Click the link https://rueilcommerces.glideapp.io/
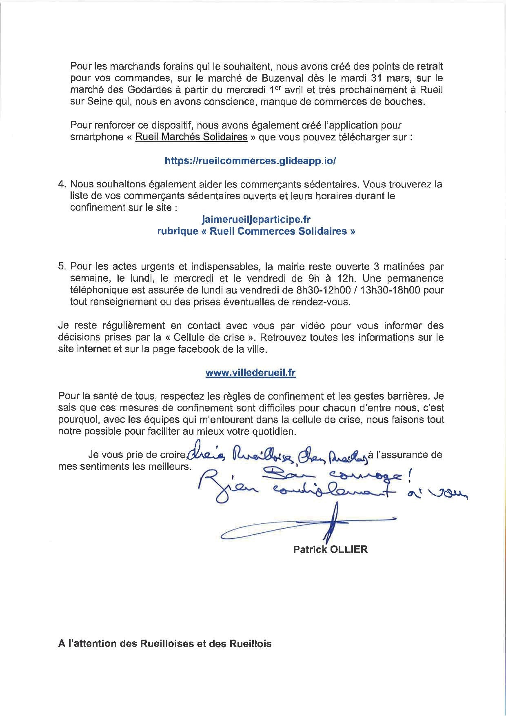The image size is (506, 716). click(250, 161)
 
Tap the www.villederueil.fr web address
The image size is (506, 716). click(251, 373)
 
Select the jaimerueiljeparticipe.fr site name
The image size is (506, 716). click(256, 220)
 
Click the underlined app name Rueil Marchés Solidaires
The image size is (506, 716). click(191, 137)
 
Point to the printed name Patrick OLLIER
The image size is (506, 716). click(330, 549)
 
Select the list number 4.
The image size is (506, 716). click(62, 185)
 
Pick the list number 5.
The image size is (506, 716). click(62, 267)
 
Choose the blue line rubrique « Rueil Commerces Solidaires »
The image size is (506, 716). click(256, 231)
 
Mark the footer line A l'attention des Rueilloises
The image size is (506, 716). click(165, 644)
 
